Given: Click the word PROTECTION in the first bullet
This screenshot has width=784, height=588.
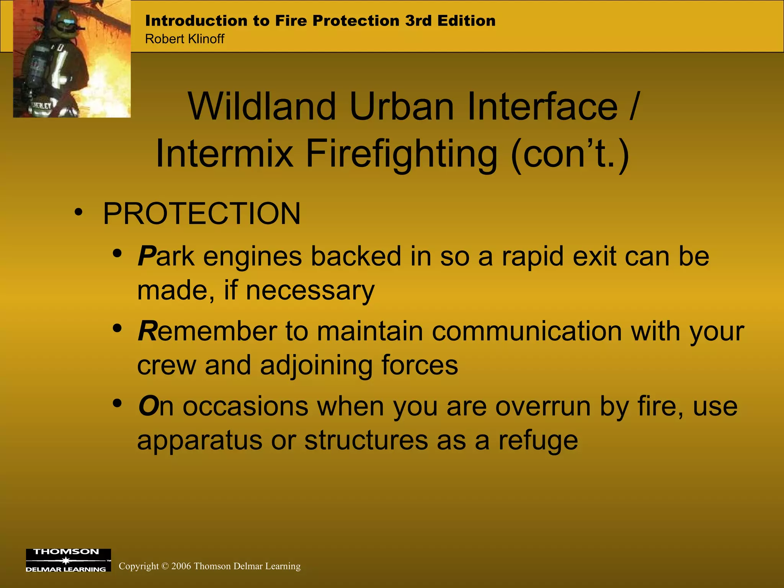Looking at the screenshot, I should tap(202, 214).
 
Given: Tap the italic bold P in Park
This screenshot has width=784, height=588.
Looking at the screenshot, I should tap(147, 256).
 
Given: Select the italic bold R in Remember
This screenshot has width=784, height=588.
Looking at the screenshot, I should tap(147, 331).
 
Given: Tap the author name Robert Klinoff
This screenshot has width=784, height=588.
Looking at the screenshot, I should tap(185, 39).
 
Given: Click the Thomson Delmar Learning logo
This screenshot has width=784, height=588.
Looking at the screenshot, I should tap(68, 560).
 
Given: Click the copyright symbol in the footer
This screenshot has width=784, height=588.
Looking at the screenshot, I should tap(165, 566).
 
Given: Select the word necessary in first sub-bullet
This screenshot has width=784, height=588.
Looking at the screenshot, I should tap(310, 290).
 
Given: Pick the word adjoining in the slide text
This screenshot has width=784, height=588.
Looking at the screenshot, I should tap(316, 366).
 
